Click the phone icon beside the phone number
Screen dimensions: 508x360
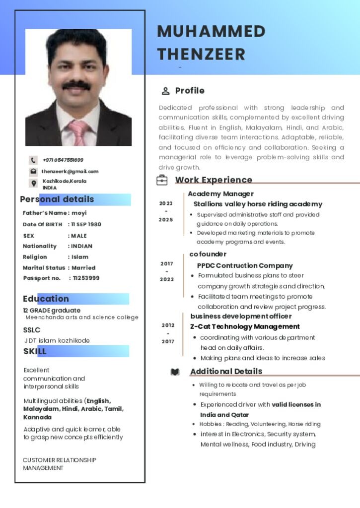coord(33,160)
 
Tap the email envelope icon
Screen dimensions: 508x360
coord(33,172)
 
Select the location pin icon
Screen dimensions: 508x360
coord(33,184)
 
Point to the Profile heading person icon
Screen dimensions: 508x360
coord(165,91)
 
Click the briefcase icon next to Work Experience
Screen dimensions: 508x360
coord(162,180)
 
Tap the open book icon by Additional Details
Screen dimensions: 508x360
coord(175,372)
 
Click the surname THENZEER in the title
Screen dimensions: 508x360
coord(201,54)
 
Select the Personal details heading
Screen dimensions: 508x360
coord(57,199)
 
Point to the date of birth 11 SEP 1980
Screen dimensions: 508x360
coord(86,224)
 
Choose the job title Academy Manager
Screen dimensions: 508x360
coord(220,194)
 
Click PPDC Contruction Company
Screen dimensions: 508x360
coord(245,265)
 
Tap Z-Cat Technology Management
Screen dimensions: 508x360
coord(245,326)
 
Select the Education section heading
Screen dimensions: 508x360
coord(46,299)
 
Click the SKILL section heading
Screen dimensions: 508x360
coord(35,351)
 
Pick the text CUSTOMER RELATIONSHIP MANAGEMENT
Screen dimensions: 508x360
coord(59,464)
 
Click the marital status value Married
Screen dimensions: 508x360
coord(83,268)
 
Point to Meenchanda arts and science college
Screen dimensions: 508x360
coord(82,317)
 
